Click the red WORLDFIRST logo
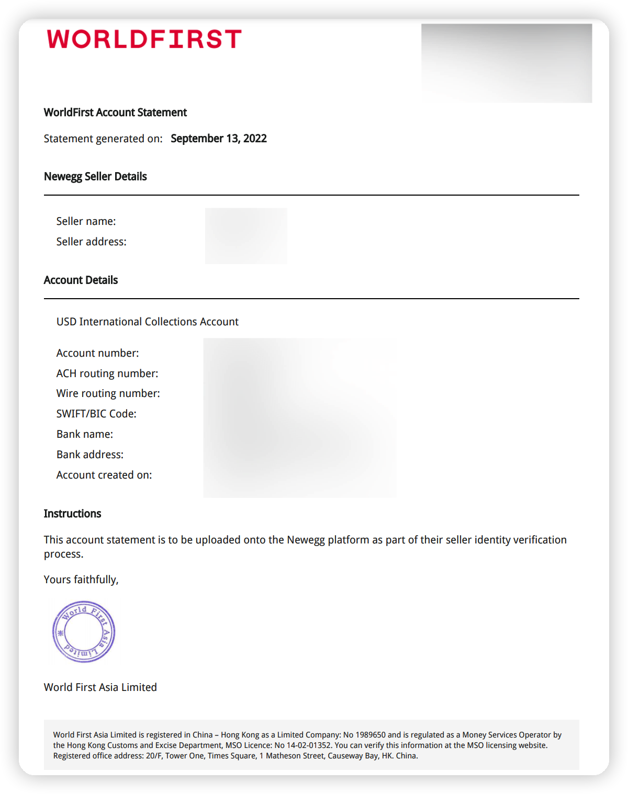[x=144, y=39]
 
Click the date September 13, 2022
[x=219, y=139]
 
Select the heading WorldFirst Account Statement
[x=115, y=112]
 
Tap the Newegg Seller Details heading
[x=95, y=177]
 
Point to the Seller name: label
[x=86, y=221]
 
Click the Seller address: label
[x=92, y=242]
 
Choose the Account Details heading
[x=81, y=280]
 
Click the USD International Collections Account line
[x=148, y=322]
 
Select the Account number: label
[x=98, y=353]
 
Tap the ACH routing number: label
[x=107, y=373]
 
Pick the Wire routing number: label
[x=108, y=393]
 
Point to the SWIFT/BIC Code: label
[x=96, y=414]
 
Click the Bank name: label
[x=85, y=434]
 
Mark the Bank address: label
[x=90, y=455]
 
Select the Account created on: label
[x=104, y=475]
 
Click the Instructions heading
[x=73, y=514]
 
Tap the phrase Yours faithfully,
[x=81, y=580]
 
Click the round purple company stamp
[x=84, y=632]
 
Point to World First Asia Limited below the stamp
[x=100, y=687]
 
